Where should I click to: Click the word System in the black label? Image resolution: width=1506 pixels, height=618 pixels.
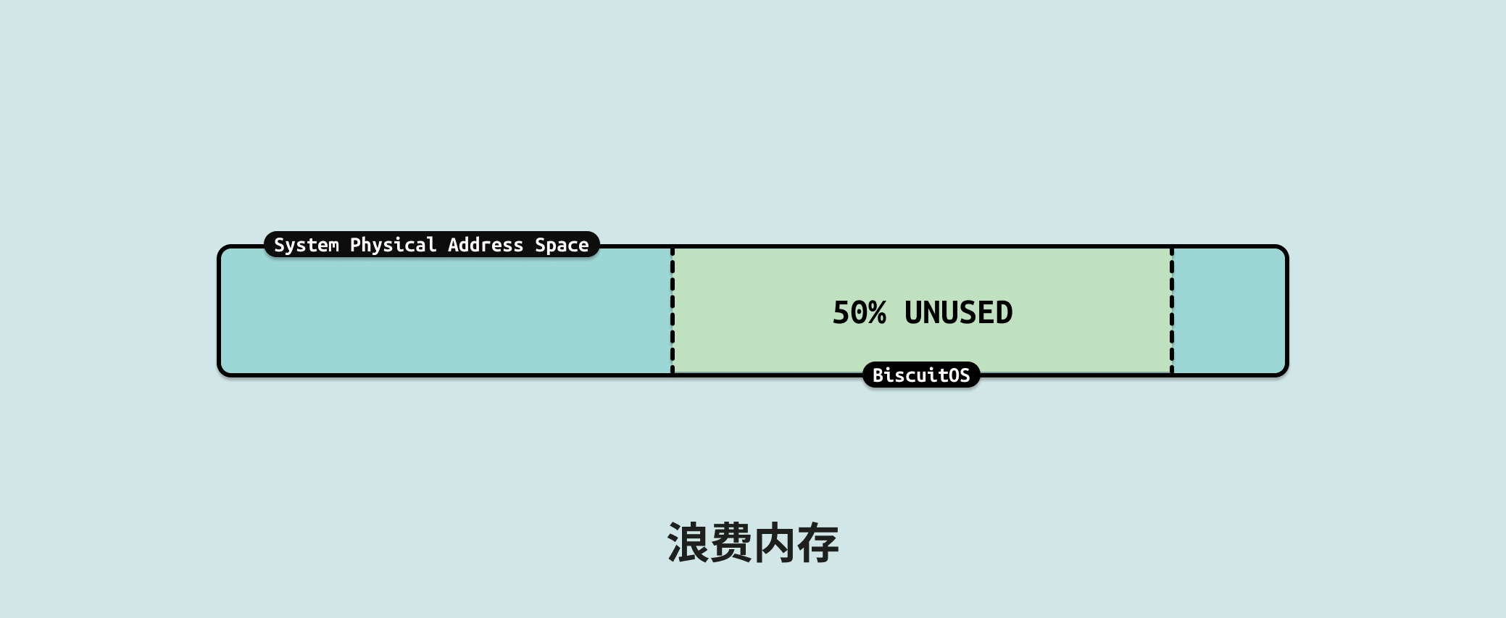click(x=306, y=245)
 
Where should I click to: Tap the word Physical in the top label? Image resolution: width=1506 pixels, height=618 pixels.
click(x=393, y=245)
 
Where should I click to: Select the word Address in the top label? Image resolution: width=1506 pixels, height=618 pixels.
click(x=485, y=245)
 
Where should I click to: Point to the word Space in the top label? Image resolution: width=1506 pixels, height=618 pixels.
click(x=562, y=245)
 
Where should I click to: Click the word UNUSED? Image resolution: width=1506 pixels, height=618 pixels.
click(x=958, y=313)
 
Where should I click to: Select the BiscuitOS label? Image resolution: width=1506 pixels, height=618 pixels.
click(x=921, y=375)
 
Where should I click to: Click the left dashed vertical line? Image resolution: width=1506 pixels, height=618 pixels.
click(x=673, y=312)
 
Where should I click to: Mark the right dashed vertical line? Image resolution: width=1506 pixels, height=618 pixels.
click(x=1172, y=312)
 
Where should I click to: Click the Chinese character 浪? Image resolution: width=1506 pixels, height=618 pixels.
click(x=688, y=543)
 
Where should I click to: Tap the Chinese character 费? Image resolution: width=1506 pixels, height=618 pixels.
click(x=731, y=543)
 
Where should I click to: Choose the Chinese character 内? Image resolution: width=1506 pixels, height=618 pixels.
click(x=774, y=543)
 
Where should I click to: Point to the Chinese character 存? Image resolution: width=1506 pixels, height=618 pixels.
click(x=818, y=543)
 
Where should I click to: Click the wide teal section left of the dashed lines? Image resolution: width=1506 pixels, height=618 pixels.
click(x=446, y=319)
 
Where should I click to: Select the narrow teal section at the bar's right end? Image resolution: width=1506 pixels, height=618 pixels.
click(x=1228, y=312)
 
